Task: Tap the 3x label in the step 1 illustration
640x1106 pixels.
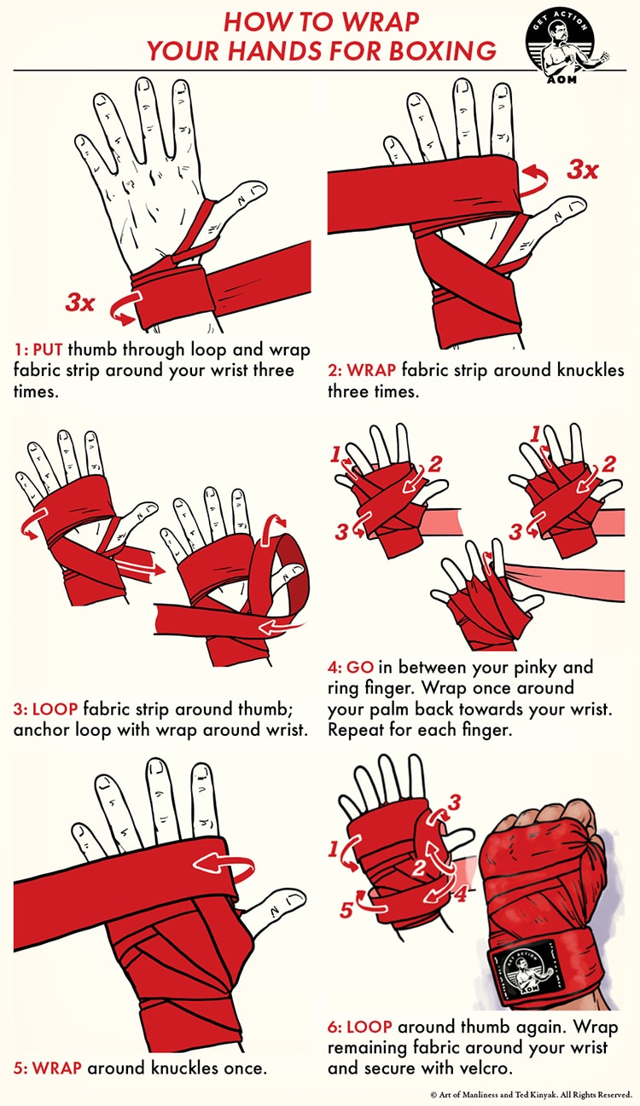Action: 81,301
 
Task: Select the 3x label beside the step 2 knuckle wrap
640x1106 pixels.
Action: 584,170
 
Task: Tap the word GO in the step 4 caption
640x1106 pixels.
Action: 358,667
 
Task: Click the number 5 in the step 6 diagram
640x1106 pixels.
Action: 346,910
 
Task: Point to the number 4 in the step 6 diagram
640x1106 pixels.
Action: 459,896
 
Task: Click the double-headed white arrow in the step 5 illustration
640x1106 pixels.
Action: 223,864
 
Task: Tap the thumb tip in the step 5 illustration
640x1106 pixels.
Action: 293,900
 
